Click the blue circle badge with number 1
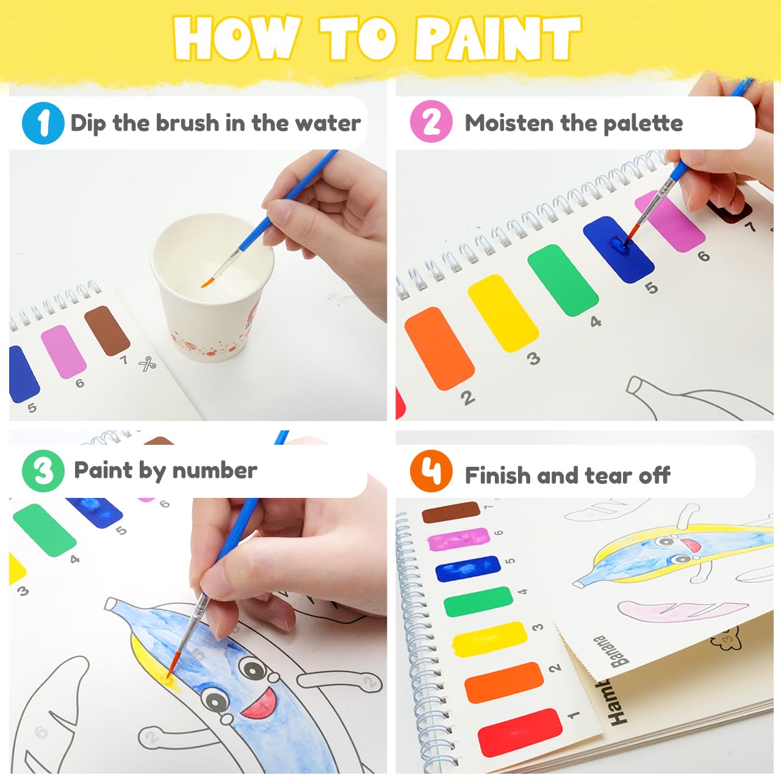click(x=43, y=123)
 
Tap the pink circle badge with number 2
click(x=431, y=122)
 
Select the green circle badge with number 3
click(x=43, y=470)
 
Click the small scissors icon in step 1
click(x=147, y=364)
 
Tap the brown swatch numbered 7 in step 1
click(x=107, y=330)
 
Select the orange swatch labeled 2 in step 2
click(x=439, y=348)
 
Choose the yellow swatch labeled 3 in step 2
click(x=503, y=313)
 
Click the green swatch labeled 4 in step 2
click(x=563, y=280)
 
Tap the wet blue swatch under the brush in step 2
click(x=617, y=249)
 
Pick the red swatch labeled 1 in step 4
click(x=519, y=732)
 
